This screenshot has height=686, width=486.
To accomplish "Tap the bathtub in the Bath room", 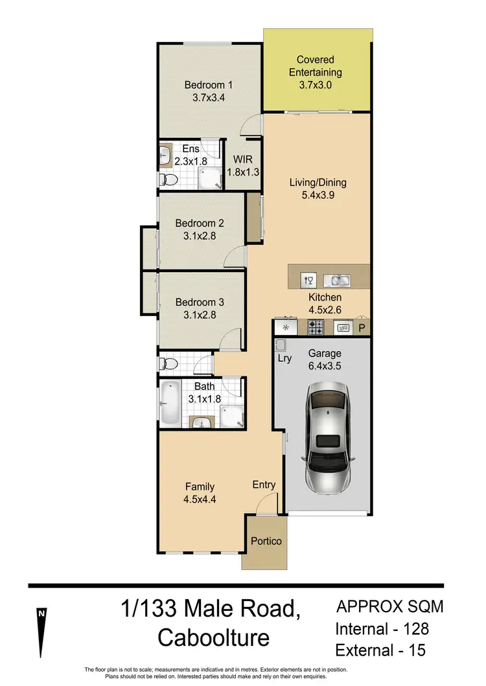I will (171, 404).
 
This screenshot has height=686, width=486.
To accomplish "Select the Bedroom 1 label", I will (208, 85).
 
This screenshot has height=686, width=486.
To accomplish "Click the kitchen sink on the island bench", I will (337, 280).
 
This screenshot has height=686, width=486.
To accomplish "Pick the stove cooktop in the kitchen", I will (316, 327).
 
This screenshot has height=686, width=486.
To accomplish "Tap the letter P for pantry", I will (362, 328).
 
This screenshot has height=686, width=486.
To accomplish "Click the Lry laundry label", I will (284, 358).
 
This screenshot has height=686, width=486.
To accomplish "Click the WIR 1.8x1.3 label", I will (241, 172).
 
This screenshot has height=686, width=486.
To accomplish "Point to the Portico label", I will (266, 540).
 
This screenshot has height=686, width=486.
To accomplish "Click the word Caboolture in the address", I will (214, 638).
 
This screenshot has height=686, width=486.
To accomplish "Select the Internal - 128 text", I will (382, 628).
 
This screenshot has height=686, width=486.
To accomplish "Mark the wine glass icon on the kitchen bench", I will (308, 280).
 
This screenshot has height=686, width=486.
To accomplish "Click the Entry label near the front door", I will (264, 485).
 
